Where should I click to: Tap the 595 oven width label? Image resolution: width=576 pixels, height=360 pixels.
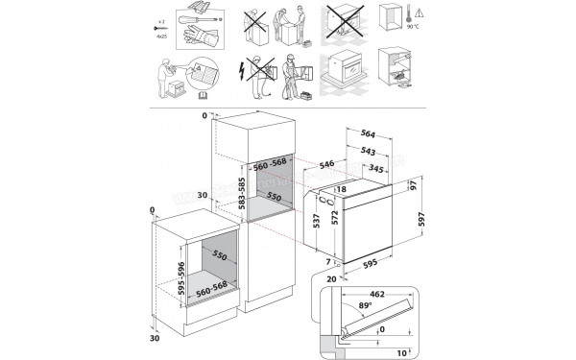[370, 260]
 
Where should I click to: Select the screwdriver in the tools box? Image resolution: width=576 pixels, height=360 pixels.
[180, 19]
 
